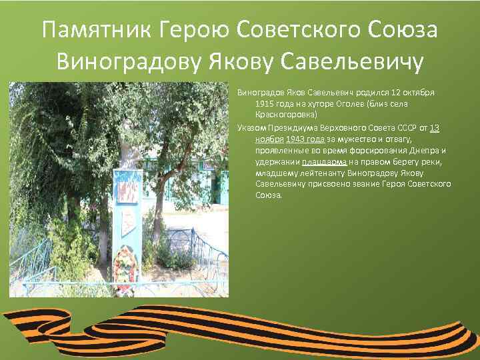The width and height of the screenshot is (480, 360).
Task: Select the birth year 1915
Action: pyautogui.click(x=264, y=104)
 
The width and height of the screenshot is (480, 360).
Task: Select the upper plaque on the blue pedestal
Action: pyautogui.click(x=127, y=189)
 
